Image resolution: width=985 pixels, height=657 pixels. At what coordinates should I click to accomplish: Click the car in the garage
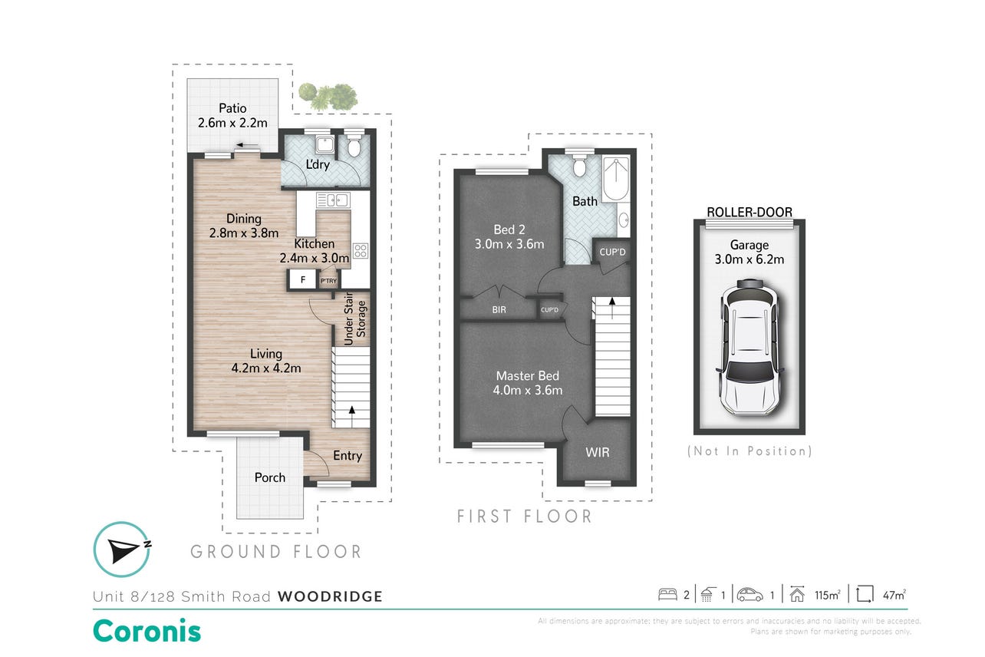point(749,347)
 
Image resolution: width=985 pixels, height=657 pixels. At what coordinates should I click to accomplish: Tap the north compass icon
point(122,550)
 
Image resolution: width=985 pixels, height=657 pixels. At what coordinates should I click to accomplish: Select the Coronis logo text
point(147,631)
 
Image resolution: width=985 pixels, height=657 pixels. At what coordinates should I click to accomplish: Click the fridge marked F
point(302,279)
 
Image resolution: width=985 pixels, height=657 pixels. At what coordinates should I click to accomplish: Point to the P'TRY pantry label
point(328,281)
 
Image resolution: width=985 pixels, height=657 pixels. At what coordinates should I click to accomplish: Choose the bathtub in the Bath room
point(616,180)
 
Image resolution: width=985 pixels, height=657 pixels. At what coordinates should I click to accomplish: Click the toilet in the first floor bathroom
point(579,166)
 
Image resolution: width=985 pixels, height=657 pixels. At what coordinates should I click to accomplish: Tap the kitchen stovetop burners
point(360,250)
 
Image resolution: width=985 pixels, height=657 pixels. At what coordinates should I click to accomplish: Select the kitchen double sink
point(333,200)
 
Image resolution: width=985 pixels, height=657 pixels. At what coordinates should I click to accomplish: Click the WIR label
point(597,452)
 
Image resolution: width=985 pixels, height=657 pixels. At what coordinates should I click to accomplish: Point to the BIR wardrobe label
point(499,310)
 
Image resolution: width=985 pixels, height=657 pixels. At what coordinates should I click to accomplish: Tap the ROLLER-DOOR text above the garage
point(749,212)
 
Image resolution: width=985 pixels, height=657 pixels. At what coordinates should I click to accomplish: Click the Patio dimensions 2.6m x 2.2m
point(232,123)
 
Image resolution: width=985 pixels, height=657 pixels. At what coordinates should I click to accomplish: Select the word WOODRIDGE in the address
point(330,596)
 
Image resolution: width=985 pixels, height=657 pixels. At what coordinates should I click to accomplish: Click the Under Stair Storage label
point(354,319)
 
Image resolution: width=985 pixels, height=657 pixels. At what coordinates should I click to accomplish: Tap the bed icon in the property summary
point(667,595)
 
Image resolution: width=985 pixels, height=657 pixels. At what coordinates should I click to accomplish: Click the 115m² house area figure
point(827,595)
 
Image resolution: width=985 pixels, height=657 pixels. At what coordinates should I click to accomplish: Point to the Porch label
point(269,477)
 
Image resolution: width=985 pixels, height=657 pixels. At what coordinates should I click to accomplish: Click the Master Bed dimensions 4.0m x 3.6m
point(528,391)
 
